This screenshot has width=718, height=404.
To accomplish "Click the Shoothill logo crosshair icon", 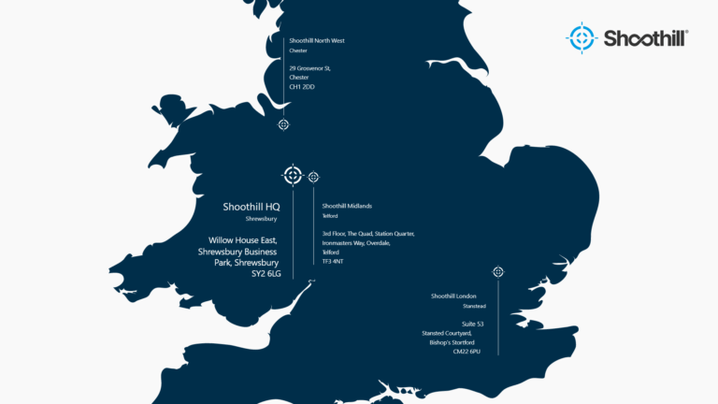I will tap(581, 37).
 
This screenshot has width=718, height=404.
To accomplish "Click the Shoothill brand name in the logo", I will tap(645, 38).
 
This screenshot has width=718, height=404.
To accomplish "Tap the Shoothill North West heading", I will tap(317, 41).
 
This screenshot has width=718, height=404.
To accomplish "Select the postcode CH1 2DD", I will tap(302, 86).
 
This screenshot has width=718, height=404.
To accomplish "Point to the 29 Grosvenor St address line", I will tap(309, 68).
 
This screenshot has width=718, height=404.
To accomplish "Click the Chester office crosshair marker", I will tap(283, 124).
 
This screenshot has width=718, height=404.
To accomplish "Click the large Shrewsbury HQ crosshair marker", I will tap(293, 175).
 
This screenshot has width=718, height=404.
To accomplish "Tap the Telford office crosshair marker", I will tap(314, 177).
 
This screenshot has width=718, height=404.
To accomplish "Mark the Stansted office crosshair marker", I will tap(498, 272).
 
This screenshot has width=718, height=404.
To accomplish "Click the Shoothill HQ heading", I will tap(251, 207).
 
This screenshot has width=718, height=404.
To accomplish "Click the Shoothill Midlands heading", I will tap(347, 206).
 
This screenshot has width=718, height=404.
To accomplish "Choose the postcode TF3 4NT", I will tap(334, 262).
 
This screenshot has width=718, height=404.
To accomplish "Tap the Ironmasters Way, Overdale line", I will tap(362, 242).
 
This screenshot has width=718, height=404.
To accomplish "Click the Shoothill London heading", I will tap(453, 296).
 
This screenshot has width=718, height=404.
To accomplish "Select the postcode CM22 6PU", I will tap(465, 352).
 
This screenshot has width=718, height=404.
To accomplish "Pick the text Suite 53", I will tap(462, 324).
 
